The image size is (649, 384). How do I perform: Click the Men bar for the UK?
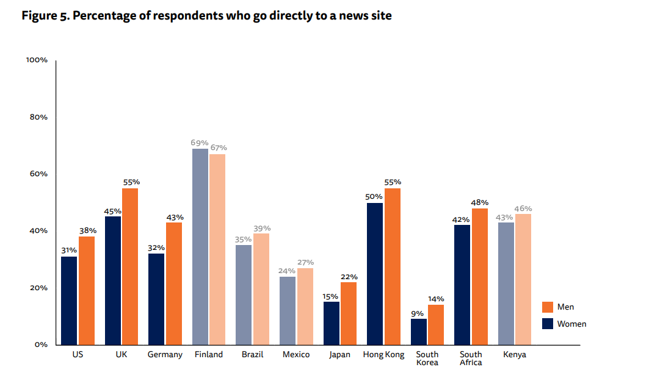(129, 266)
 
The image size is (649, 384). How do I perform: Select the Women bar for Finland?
(200, 246)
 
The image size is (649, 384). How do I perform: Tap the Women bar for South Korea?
(419, 332)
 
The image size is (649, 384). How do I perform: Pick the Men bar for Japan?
(349, 313)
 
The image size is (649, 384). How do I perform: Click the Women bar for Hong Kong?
(375, 274)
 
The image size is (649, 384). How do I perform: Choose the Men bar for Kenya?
(523, 279)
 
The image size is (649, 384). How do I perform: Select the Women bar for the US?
(69, 300)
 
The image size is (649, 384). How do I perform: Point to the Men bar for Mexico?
(305, 306)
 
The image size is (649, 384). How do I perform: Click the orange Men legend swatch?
(548, 307)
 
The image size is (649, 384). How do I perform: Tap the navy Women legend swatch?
(548, 324)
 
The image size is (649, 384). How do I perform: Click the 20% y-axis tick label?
(38, 288)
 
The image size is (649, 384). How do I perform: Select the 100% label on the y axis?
(37, 60)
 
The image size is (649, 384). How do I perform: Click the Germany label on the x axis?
(165, 355)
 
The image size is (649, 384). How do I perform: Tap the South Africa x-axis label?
(471, 358)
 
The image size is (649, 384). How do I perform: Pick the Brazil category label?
(252, 355)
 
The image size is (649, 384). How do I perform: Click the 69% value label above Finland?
(200, 143)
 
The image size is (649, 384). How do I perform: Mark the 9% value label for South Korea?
(418, 313)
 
